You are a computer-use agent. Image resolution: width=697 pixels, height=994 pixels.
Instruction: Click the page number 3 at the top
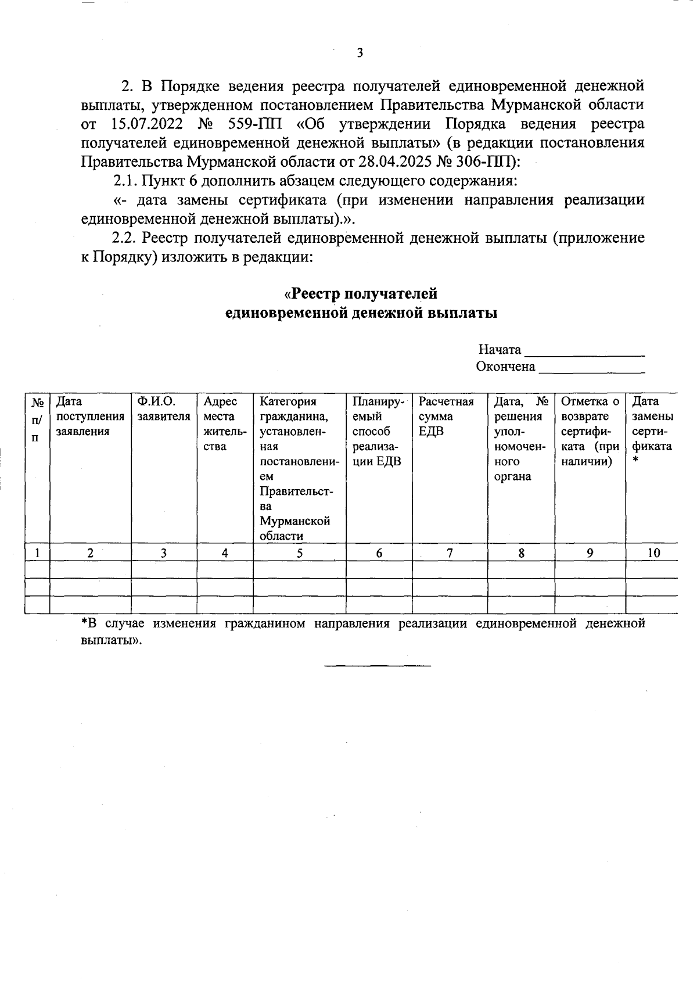click(x=360, y=53)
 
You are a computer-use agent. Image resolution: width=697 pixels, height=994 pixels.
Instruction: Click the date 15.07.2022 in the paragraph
click(x=143, y=124)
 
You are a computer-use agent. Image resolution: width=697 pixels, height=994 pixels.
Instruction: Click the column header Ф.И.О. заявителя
click(x=163, y=409)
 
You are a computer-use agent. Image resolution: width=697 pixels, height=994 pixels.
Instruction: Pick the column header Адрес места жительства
click(x=223, y=424)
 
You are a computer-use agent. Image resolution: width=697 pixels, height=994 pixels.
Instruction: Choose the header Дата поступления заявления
click(x=89, y=417)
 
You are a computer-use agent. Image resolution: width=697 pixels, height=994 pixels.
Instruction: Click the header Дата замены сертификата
click(x=652, y=424)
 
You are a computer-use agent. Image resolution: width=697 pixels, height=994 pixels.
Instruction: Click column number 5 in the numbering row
click(x=299, y=554)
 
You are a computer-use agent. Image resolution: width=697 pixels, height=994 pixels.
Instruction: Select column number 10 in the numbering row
click(x=653, y=554)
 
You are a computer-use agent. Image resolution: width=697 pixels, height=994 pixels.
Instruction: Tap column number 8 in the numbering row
click(x=521, y=554)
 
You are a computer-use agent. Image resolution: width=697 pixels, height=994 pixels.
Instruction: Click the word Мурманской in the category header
click(x=294, y=521)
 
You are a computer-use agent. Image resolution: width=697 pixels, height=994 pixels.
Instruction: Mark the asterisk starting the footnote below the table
click(x=84, y=623)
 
